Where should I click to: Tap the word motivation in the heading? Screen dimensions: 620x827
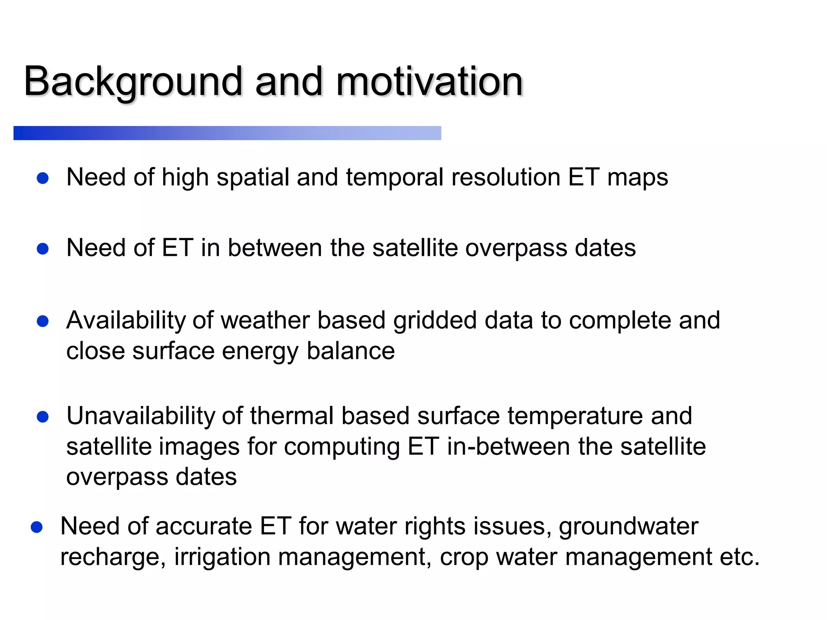[430, 82]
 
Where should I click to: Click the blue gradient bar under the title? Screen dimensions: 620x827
[227, 133]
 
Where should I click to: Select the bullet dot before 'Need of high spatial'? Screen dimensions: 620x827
[43, 178]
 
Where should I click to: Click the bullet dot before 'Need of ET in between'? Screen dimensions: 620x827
[43, 249]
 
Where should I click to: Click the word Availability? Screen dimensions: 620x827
[126, 321]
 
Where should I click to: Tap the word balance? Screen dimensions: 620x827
[351, 351]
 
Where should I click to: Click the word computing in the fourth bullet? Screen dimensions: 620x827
[342, 448]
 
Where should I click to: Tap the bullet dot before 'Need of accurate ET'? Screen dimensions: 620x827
[37, 527]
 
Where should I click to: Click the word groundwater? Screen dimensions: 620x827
[628, 527]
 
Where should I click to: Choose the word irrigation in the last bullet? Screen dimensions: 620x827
[222, 557]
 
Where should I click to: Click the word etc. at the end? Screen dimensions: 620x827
[740, 557]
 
